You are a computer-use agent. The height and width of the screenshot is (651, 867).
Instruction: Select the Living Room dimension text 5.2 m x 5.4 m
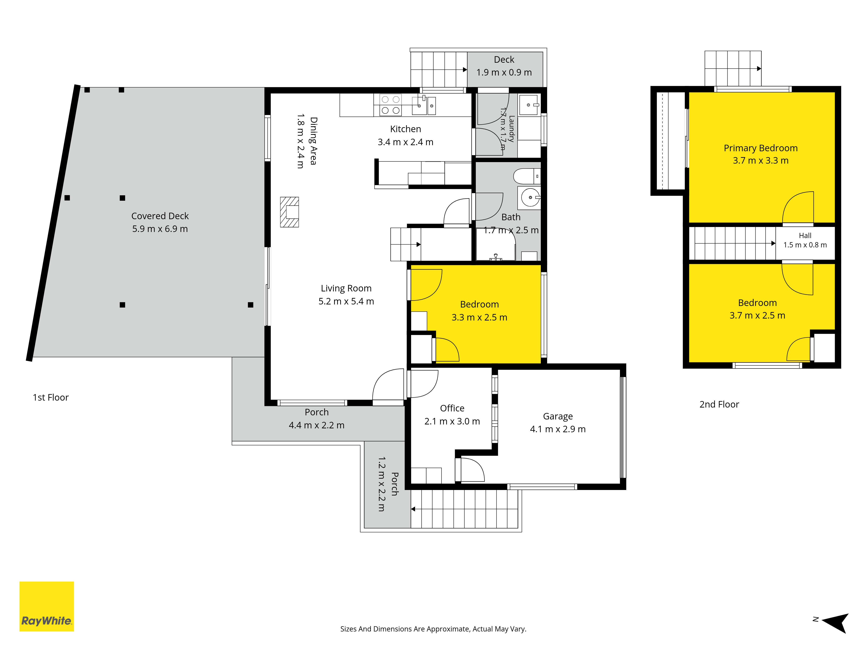pos(346,301)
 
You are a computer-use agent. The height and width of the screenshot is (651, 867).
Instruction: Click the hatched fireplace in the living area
pos(289,212)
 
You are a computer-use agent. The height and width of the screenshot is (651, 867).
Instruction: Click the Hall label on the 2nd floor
pos(805,235)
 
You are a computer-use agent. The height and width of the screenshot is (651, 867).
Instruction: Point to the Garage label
pos(558,416)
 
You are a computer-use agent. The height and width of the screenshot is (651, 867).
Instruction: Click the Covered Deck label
pos(160,216)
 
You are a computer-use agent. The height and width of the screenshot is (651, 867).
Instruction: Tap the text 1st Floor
pos(51,398)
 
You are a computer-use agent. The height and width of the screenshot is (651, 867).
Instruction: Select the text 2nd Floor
pos(719,404)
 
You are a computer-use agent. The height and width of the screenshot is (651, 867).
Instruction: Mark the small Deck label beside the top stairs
pos(504,60)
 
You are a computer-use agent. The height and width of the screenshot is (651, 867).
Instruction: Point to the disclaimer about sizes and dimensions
pos(433,629)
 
